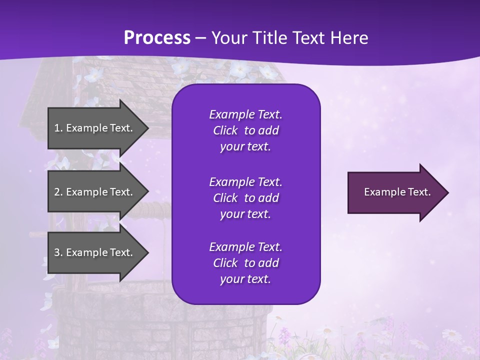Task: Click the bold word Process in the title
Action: click(x=157, y=38)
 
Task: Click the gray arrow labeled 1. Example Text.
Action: click(x=95, y=128)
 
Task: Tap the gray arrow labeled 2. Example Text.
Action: click(x=95, y=192)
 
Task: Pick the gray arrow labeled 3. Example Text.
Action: click(x=95, y=252)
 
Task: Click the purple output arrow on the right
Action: click(x=395, y=192)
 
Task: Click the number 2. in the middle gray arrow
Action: click(x=58, y=192)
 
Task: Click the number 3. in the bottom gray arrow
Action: click(x=58, y=252)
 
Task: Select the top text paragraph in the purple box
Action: click(x=245, y=130)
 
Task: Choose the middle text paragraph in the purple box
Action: click(x=245, y=198)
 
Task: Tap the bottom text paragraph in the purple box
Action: click(x=245, y=263)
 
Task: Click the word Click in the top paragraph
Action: click(x=225, y=130)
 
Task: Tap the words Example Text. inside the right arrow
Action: click(x=397, y=192)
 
